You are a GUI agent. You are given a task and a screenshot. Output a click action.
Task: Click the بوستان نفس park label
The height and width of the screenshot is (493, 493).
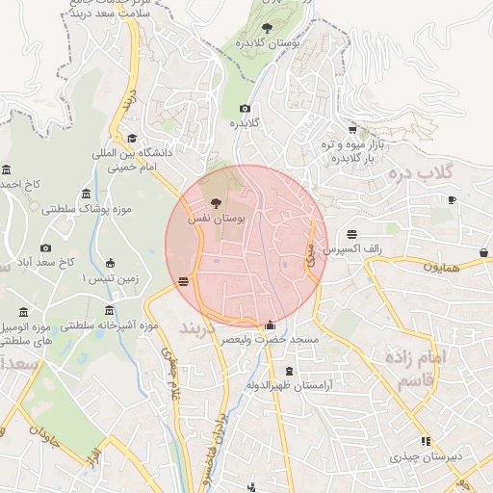click(x=223, y=220)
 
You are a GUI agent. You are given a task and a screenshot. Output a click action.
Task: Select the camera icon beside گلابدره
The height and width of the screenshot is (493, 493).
click(x=245, y=109)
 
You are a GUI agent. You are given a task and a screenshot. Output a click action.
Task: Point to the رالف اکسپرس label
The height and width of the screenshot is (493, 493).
click(x=353, y=249)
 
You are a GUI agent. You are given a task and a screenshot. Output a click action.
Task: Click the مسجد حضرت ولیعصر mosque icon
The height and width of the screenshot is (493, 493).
click(x=269, y=325)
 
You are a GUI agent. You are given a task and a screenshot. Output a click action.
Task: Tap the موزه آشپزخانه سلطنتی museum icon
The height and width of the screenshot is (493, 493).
click(x=108, y=311)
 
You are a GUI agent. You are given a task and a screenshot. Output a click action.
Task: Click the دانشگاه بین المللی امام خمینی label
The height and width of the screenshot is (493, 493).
click(x=131, y=160)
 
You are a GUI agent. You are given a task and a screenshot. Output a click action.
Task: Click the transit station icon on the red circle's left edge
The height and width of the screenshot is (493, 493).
click(x=183, y=282)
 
